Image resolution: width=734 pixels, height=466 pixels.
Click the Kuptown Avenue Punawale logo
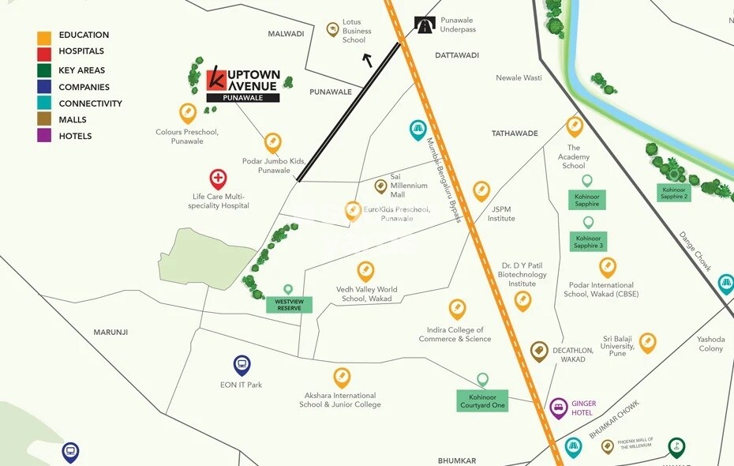tap(243, 84)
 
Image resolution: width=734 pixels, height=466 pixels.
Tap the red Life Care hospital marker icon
tap(218, 179)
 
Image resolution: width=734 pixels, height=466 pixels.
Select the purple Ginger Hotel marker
tap(559, 407)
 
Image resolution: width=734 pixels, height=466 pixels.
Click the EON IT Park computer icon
tap(242, 365)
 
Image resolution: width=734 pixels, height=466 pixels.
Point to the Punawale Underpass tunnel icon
tap(425, 25)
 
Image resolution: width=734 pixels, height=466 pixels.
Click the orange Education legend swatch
tap(44, 36)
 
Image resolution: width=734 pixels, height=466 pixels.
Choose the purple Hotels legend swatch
tap(44, 136)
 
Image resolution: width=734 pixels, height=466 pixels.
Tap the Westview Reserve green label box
tap(289, 305)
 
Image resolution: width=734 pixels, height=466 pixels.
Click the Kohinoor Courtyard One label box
tap(482, 400)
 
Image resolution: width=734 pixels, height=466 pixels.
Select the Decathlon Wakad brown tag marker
tap(539, 351)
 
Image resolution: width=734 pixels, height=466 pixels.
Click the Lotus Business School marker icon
tap(333, 29)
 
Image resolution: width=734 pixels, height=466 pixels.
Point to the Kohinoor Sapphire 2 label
tap(675, 193)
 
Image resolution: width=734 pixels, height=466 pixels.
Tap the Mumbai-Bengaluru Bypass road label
tap(444, 180)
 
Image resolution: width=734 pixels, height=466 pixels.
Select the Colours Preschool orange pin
tap(188, 113)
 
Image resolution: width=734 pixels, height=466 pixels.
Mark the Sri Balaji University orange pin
tap(648, 342)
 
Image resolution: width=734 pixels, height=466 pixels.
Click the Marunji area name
tap(110, 333)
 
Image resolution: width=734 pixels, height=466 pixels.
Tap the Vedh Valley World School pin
tap(365, 271)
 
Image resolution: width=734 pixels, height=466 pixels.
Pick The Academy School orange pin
tap(575, 126)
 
